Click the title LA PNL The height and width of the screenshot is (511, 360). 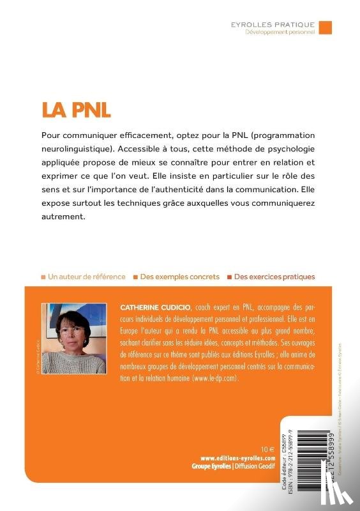[x=76, y=108]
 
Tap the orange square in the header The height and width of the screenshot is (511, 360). [x=325, y=27]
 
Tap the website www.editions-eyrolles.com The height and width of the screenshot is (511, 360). [x=237, y=458]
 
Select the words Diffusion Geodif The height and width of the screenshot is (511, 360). [x=259, y=466]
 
